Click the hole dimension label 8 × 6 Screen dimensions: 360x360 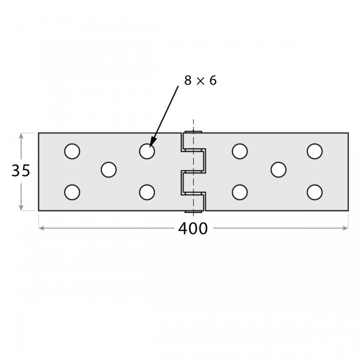click(x=200, y=81)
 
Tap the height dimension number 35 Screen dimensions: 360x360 click(x=21, y=171)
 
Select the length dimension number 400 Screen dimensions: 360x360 click(x=193, y=229)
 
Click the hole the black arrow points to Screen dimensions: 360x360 click(x=147, y=151)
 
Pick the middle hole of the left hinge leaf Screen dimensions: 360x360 click(x=109, y=170)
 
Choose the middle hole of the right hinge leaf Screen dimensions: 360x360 click(x=279, y=170)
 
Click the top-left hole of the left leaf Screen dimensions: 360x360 click(x=73, y=151)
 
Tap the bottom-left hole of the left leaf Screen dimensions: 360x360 click(x=73, y=192)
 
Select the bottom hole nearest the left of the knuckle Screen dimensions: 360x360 click(x=147, y=192)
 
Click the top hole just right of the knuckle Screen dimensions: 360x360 click(x=240, y=151)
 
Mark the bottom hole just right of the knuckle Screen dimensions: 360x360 click(x=240, y=192)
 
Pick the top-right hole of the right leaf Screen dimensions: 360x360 click(x=315, y=151)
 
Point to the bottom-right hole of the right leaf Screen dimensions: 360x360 click(x=315, y=192)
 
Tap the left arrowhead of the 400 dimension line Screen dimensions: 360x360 click(x=41, y=228)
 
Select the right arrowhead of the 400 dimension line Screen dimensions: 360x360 click(x=346, y=228)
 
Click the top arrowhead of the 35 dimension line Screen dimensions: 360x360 click(x=21, y=136)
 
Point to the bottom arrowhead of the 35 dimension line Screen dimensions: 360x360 click(x=21, y=207)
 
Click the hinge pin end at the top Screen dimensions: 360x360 click(x=193, y=132)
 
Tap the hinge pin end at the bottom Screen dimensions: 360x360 click(x=193, y=211)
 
